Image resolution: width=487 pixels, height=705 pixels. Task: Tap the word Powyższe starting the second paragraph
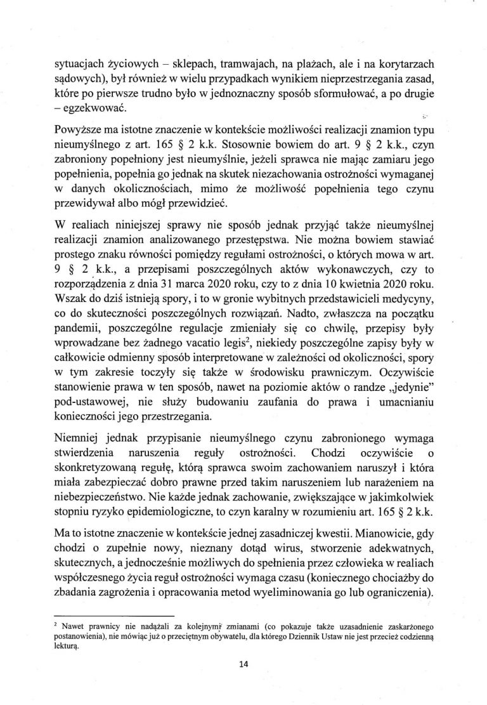point(81,132)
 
